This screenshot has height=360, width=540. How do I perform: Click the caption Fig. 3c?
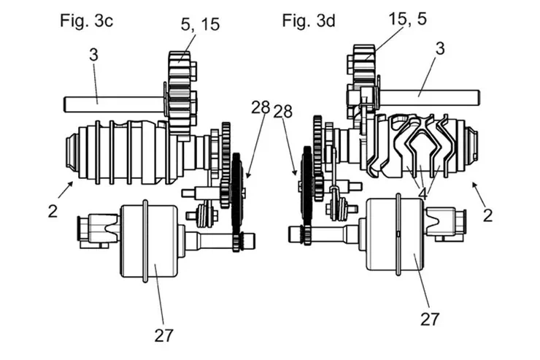pos(86,20)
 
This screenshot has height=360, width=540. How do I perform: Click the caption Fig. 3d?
pos(309,20)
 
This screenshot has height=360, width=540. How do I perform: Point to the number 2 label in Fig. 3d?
pos(487,215)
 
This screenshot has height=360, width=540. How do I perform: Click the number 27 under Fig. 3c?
pos(163,334)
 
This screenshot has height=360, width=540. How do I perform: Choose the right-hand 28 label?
pos(283,110)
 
